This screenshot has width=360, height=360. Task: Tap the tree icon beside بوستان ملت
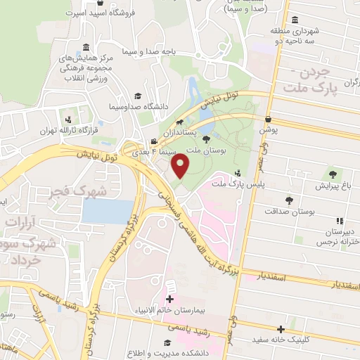tap(205, 139)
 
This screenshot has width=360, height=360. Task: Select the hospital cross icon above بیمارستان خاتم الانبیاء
tap(169, 298)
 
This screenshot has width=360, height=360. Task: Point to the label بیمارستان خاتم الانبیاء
tap(169, 309)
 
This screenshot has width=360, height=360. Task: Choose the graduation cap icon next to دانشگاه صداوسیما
tap(138, 96)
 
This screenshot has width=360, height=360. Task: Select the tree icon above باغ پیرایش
tap(332, 174)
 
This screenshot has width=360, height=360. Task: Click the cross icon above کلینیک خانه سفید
tap(281, 328)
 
